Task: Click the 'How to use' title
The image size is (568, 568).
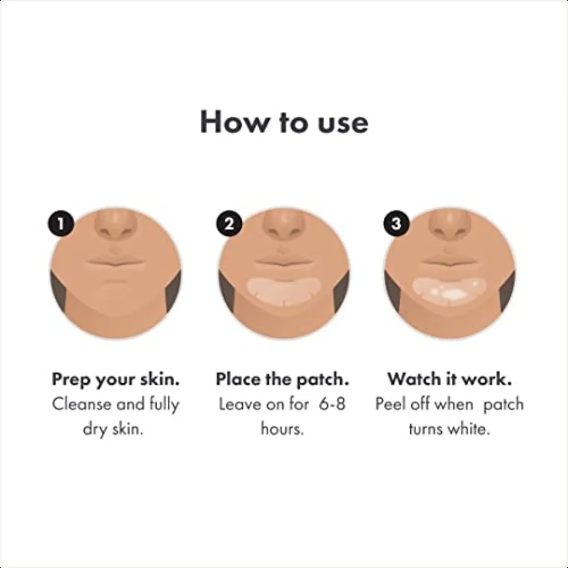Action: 284,122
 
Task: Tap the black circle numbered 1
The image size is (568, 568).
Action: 61,223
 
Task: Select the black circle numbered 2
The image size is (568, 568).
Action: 229,223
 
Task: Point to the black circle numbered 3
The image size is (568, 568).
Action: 396,223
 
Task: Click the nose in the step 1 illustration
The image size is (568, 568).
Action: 115,227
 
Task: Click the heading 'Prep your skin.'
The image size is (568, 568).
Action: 115,379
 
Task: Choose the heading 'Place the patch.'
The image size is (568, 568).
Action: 283,379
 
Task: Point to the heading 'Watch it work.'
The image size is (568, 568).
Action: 449,379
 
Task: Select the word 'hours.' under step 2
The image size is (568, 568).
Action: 283,429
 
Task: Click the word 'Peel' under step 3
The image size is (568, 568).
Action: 389,404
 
